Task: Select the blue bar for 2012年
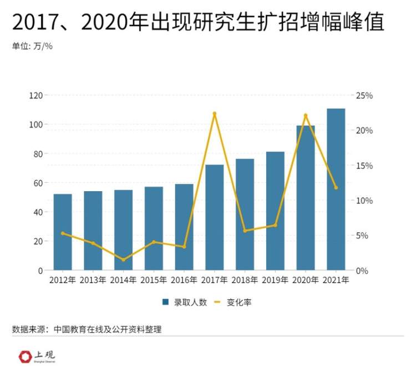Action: tap(63, 232)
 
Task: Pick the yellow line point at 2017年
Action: tap(214, 114)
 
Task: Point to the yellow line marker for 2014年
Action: tap(123, 259)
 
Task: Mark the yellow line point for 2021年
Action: tap(336, 188)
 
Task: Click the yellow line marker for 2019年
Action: tap(275, 225)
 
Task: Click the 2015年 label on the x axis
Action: tap(154, 280)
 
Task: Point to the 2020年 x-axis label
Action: tap(305, 280)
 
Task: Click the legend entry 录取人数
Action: tap(184, 303)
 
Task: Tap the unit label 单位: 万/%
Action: tap(32, 47)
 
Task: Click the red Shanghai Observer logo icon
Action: tap(25, 356)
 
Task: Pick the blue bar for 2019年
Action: tap(275, 211)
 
